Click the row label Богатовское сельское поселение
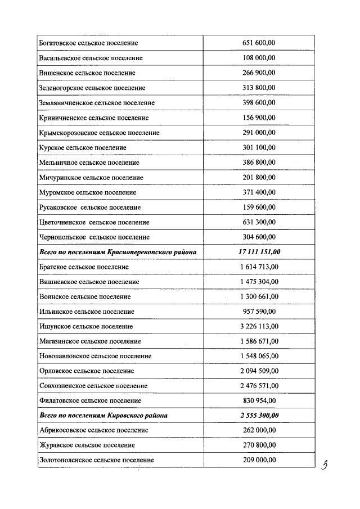89,43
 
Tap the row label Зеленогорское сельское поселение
92,88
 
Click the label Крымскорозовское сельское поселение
100,133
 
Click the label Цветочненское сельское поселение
94,222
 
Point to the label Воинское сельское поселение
85,296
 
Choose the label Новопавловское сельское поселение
96,356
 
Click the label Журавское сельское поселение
88,445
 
